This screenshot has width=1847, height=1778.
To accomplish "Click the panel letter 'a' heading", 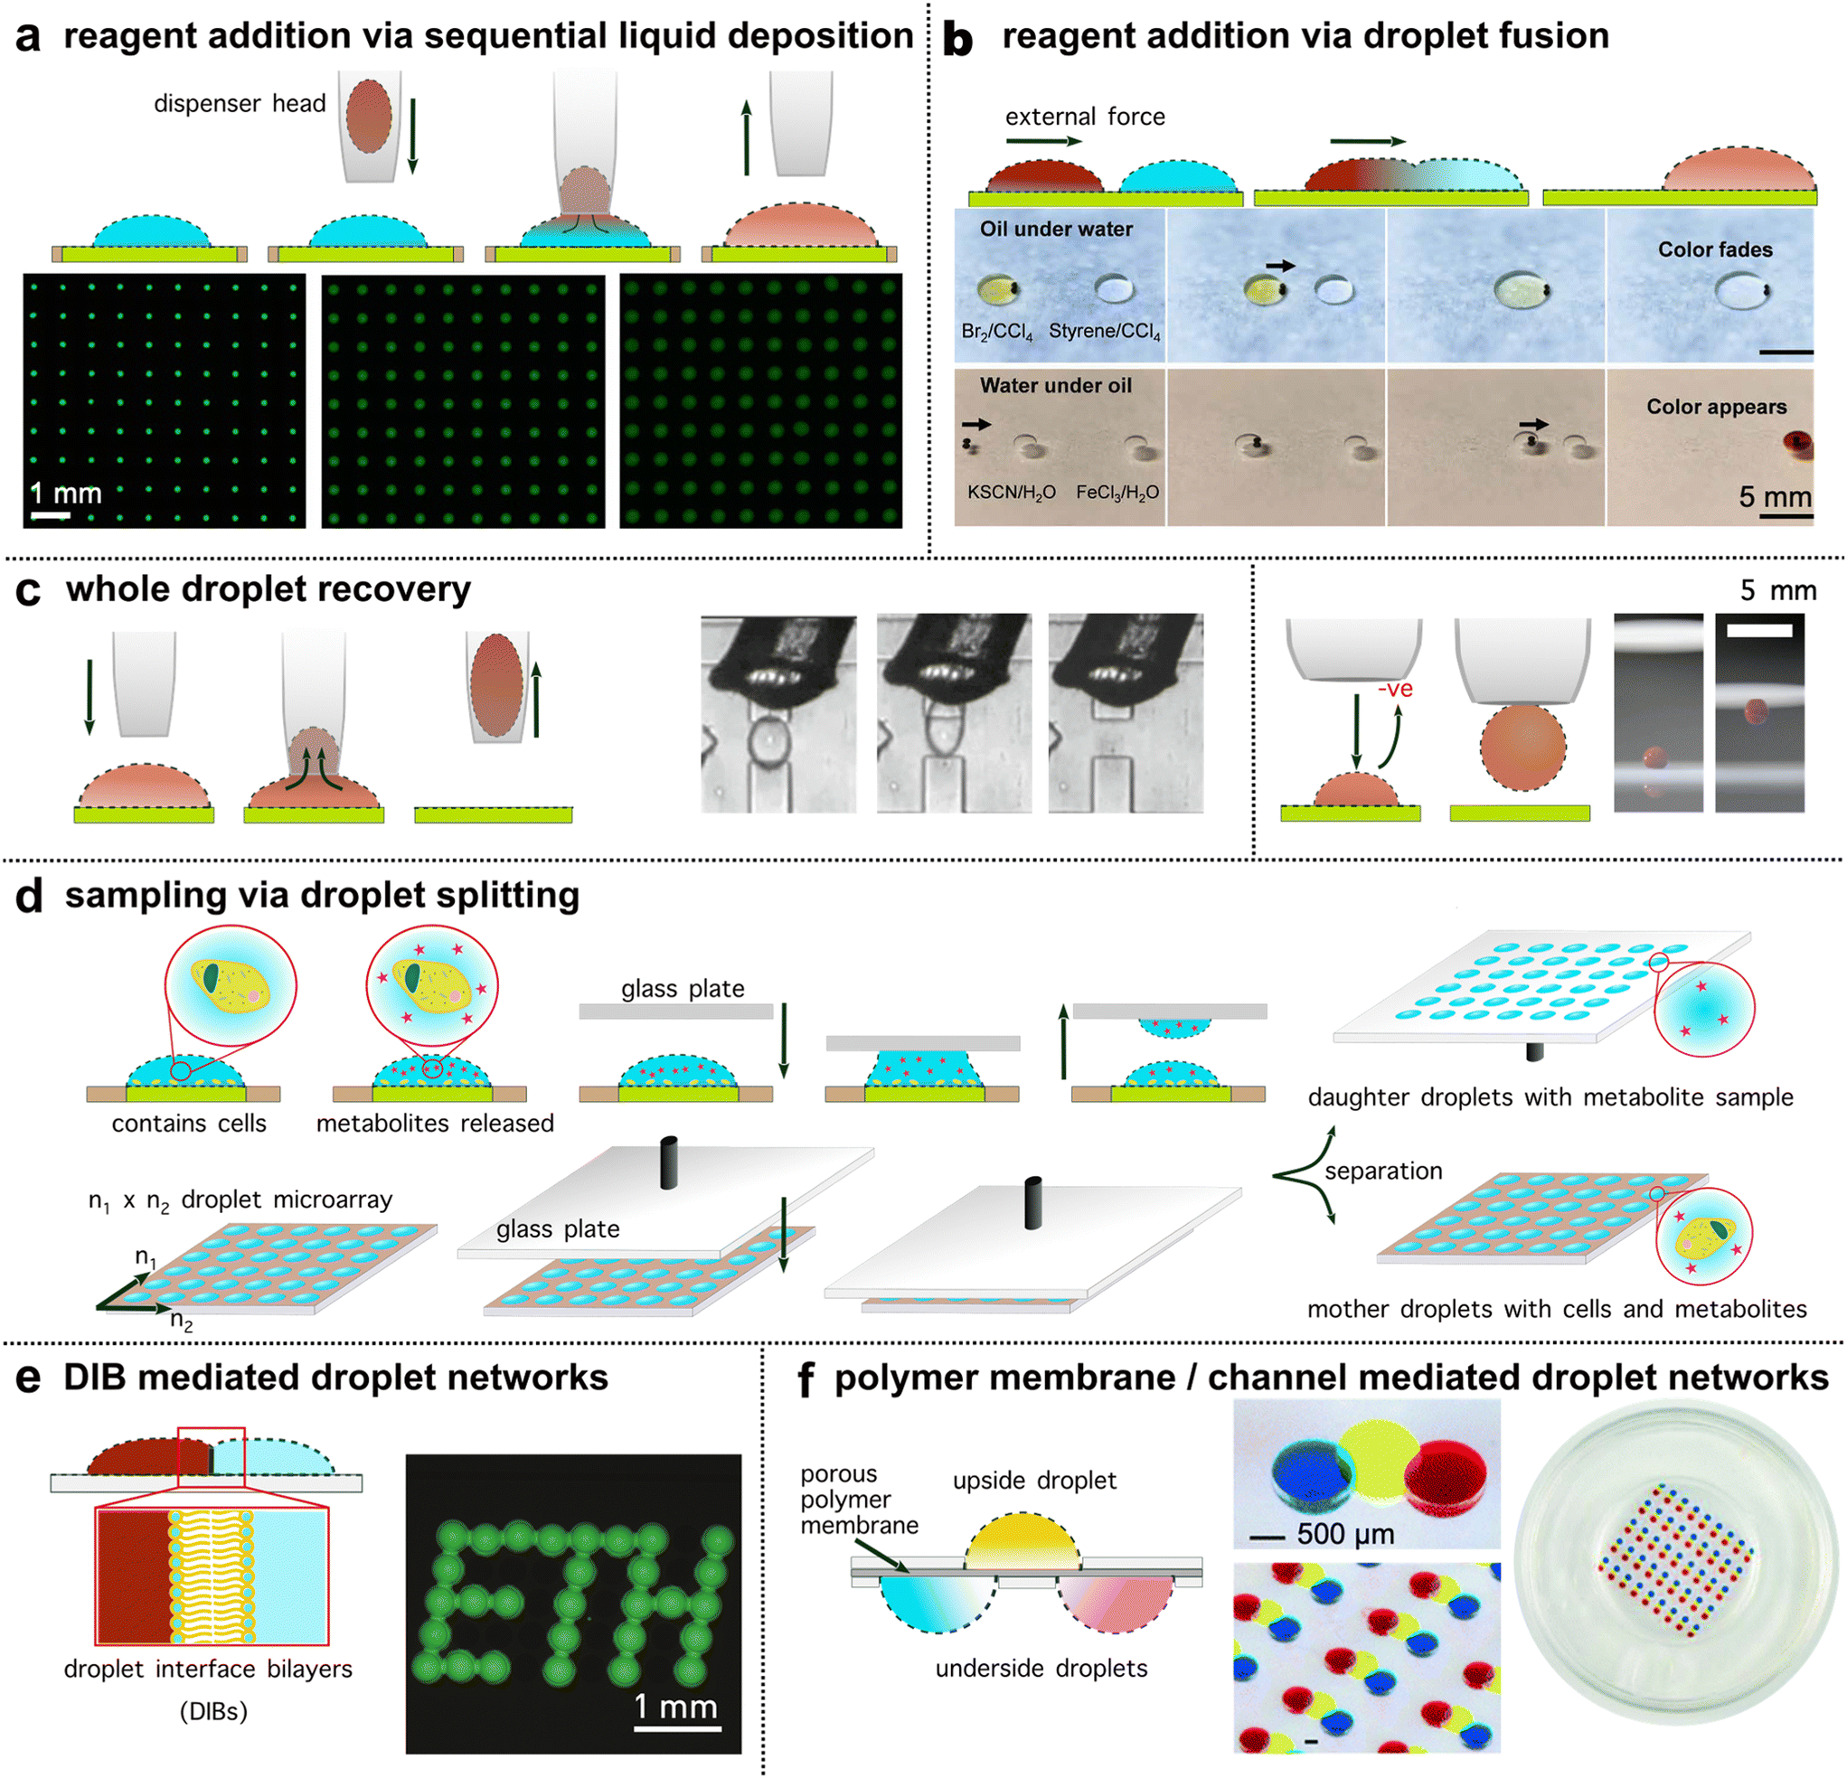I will [28, 38].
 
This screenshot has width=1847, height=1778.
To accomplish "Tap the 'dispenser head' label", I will [240, 104].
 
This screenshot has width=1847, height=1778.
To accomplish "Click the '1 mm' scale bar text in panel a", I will [65, 493].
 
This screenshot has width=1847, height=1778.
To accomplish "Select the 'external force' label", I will [1085, 117].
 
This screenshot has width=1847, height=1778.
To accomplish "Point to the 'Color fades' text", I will [1714, 249].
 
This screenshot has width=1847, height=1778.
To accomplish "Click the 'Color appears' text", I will [1715, 407].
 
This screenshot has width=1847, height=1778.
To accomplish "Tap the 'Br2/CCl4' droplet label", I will [996, 333].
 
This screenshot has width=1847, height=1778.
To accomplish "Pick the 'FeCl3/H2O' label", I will [1117, 493].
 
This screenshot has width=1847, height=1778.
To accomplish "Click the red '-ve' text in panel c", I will [1395, 690].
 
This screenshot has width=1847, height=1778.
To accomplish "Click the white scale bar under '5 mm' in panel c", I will [1759, 630].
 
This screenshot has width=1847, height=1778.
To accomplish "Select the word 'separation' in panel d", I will [1382, 1171].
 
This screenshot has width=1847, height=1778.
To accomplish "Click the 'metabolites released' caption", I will [435, 1124].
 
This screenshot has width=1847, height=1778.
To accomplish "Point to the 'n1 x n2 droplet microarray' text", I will [240, 1200].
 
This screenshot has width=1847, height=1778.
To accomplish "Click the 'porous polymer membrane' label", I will [858, 1499].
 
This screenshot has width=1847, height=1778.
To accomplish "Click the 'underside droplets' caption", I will [1041, 1669].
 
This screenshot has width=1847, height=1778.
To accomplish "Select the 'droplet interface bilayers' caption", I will [207, 1669].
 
